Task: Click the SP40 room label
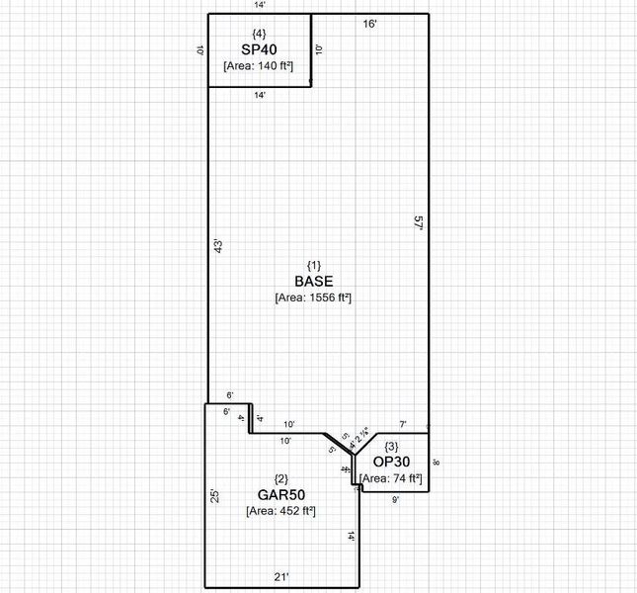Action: click(259, 48)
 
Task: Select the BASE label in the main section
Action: click(313, 281)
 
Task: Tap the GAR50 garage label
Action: click(280, 494)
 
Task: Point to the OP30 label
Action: click(392, 462)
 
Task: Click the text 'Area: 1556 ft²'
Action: click(314, 297)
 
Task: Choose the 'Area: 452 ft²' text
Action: click(280, 511)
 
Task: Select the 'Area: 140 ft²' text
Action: click(259, 65)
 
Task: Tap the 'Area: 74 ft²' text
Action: click(392, 478)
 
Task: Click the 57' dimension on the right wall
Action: click(419, 224)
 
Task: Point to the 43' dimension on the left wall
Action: click(217, 247)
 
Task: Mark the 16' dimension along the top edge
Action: click(369, 22)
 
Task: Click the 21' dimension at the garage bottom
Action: click(281, 576)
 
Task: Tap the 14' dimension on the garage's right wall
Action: click(351, 537)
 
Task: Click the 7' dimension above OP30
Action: click(402, 423)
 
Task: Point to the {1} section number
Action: click(313, 265)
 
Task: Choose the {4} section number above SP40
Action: click(259, 34)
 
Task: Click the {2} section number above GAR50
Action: click(280, 478)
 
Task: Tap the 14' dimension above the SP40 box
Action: click(259, 6)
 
